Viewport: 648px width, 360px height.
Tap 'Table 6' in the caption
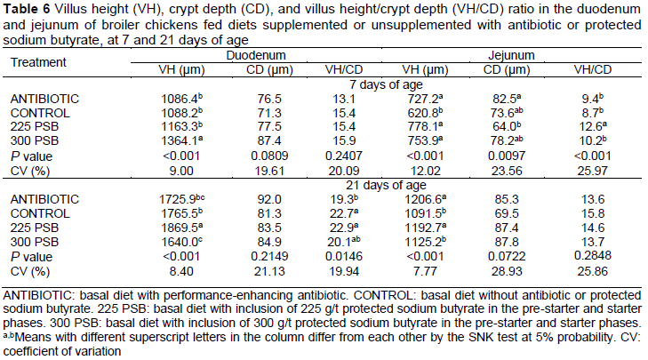[26, 7]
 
